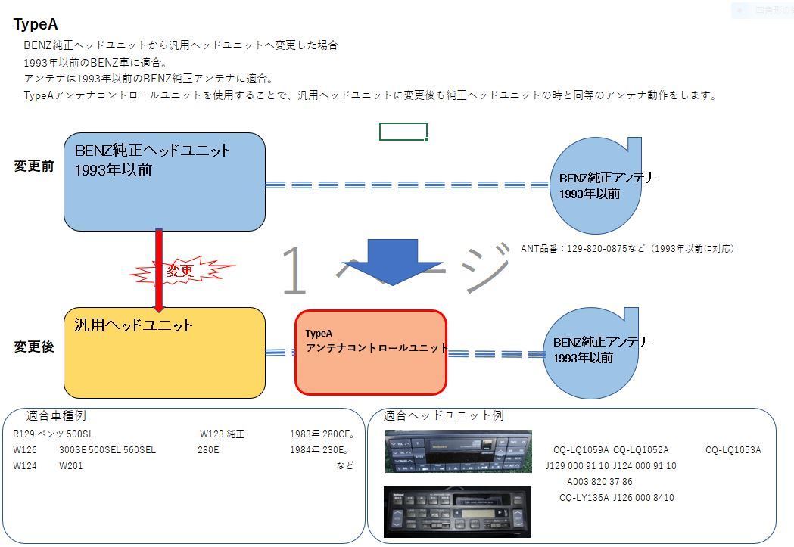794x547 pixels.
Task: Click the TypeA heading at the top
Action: pos(36,24)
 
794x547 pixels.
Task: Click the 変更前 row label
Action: pos(34,166)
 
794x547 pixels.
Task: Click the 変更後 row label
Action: pos(34,347)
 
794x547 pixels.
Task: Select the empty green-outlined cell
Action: pos(403,132)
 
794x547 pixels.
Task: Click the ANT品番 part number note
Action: pos(627,248)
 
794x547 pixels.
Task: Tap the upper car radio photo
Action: pos(457,451)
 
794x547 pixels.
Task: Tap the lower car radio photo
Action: pos(456,511)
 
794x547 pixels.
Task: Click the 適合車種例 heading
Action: pos(56,415)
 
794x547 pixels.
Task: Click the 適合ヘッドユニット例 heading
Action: pos(443,415)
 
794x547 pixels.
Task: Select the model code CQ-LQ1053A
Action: pos(733,450)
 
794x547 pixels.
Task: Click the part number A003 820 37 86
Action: pos(599,482)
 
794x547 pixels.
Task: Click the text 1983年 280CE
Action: pos(322,435)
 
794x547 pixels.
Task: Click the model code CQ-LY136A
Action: pos(586,498)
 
